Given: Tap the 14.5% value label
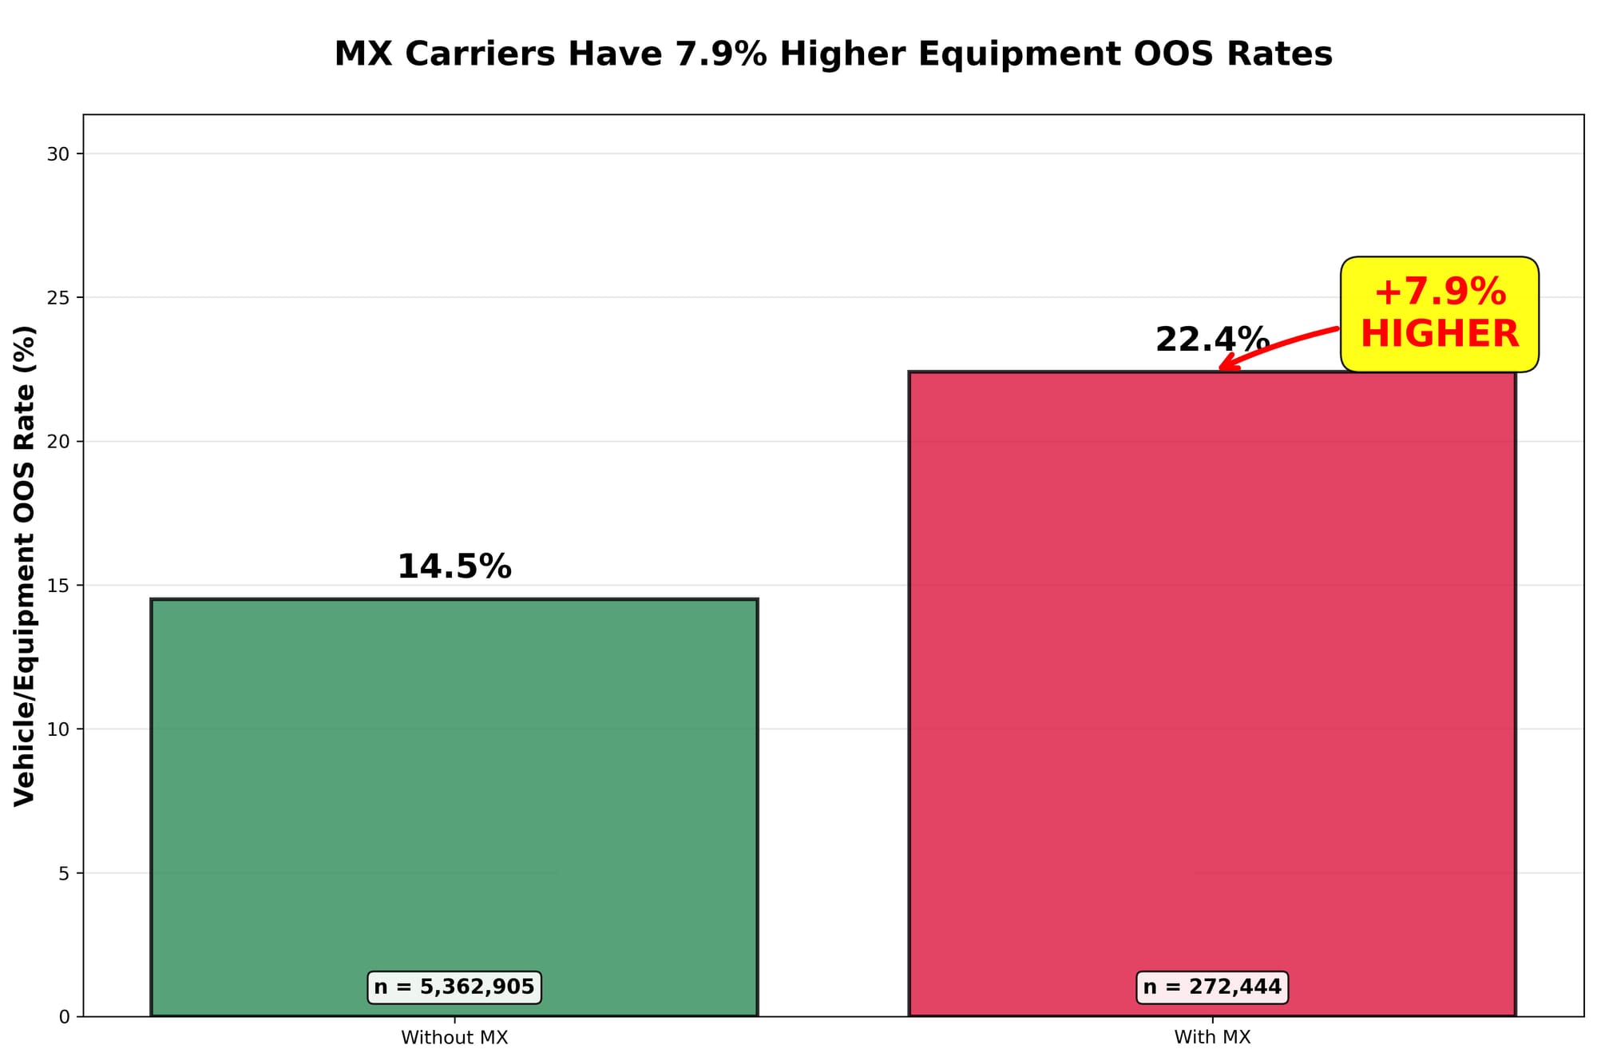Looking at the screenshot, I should pyautogui.click(x=454, y=566).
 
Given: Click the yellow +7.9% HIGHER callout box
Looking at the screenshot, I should pyautogui.click(x=1439, y=314).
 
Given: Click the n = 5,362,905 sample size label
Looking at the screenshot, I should pyautogui.click(x=454, y=987).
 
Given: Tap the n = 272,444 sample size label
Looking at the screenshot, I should pyautogui.click(x=1211, y=987).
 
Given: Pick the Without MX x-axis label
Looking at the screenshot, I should pyautogui.click(x=454, y=1037).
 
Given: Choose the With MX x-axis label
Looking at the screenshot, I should pyautogui.click(x=1211, y=1037).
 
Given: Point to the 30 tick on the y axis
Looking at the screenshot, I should pyautogui.click(x=58, y=154).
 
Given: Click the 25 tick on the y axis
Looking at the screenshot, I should pyautogui.click(x=58, y=298).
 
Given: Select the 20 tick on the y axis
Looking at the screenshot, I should pyautogui.click(x=58, y=442).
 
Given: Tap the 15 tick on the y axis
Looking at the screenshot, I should pyautogui.click(x=58, y=586).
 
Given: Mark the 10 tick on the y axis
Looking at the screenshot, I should pyautogui.click(x=58, y=729).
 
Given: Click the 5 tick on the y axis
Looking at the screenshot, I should pyautogui.click(x=64, y=873).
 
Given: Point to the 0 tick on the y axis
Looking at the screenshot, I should pyautogui.click(x=64, y=1017).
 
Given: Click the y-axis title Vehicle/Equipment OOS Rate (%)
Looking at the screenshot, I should pyautogui.click(x=25, y=566).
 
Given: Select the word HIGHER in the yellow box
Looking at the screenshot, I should pyautogui.click(x=1439, y=334).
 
